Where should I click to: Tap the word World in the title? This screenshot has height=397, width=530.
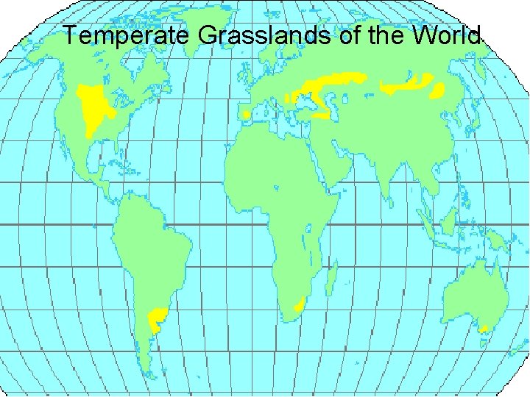click(x=448, y=35)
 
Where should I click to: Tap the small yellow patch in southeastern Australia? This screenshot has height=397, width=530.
click(x=484, y=329)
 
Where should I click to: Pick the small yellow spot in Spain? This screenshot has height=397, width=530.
click(x=245, y=115)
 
